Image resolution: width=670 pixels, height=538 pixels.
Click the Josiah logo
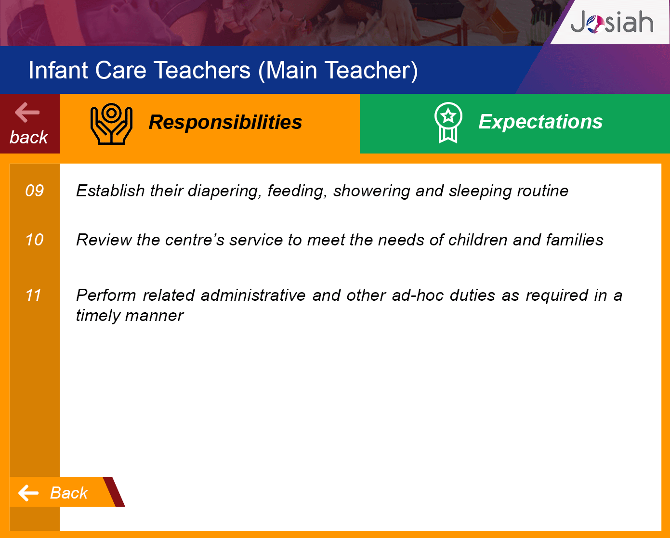[612, 22]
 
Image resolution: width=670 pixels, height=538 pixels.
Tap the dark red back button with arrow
[29, 124]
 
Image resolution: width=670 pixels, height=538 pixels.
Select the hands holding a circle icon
[111, 124]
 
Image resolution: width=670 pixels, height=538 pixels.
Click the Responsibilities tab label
[225, 122]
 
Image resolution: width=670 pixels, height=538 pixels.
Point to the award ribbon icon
[448, 123]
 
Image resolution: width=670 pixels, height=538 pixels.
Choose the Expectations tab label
[540, 121]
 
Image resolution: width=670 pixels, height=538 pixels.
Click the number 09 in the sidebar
[35, 191]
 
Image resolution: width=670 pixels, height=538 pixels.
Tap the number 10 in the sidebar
[34, 240]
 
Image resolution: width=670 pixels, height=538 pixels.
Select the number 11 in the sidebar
[33, 295]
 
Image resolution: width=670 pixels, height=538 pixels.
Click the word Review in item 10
[104, 240]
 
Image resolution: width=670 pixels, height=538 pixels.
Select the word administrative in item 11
[253, 295]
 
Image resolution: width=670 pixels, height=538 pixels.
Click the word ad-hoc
[418, 295]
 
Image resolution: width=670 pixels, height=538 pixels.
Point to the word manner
[154, 316]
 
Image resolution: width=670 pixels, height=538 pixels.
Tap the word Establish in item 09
[110, 191]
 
